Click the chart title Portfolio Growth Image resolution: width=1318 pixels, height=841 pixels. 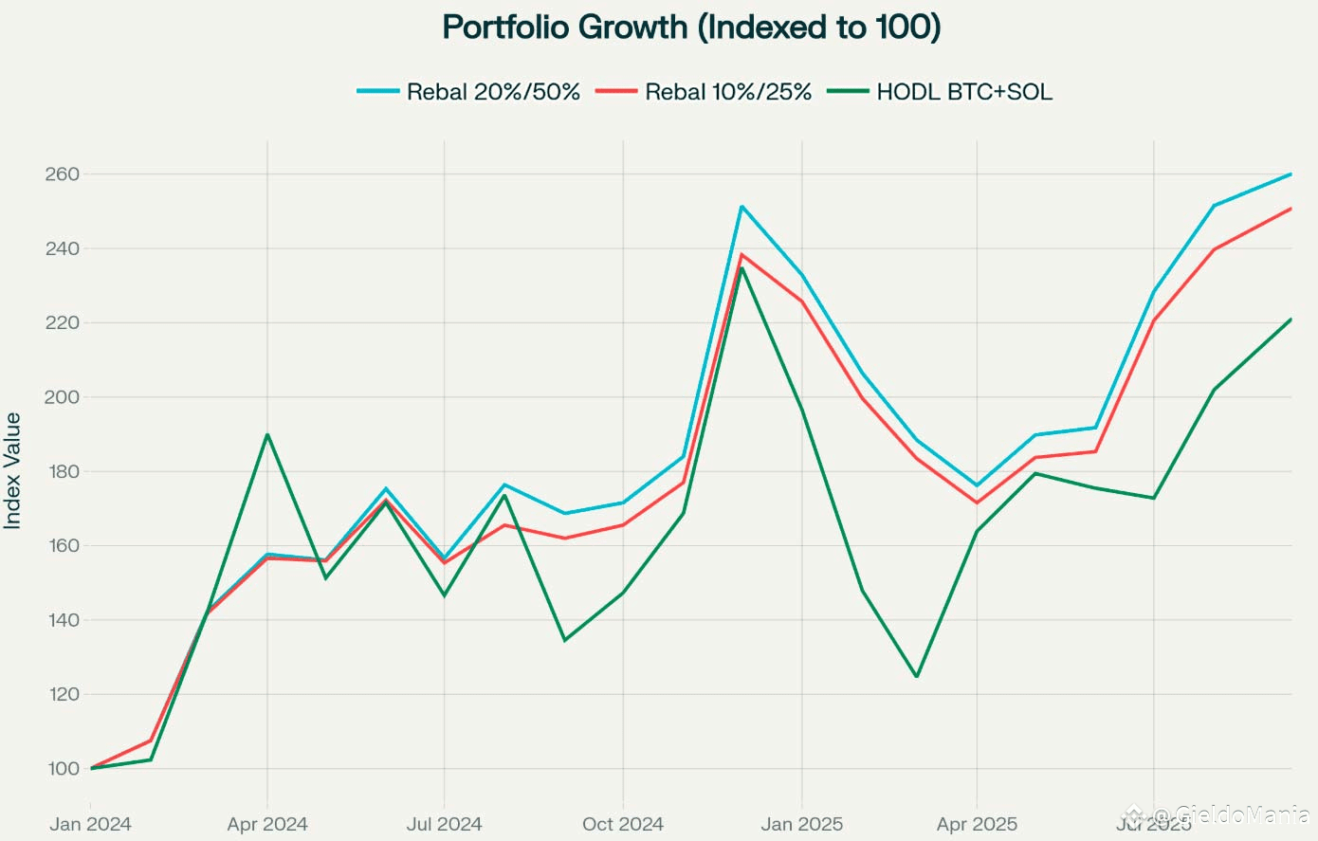[x=691, y=27]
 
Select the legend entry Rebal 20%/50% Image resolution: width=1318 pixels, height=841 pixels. [x=493, y=92]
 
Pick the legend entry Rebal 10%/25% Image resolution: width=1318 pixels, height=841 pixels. [x=728, y=92]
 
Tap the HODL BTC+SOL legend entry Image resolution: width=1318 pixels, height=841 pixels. [x=964, y=92]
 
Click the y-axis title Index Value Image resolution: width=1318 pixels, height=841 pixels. [x=13, y=470]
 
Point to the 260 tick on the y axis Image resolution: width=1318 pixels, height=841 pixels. [x=62, y=174]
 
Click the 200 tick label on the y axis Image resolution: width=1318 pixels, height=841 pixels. [x=62, y=397]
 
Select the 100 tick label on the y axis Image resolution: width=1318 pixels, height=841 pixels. [x=62, y=769]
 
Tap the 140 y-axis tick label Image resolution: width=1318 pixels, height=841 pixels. [x=62, y=620]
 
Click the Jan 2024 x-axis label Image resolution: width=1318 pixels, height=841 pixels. [x=90, y=824]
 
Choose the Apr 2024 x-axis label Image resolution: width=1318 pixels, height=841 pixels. [x=267, y=824]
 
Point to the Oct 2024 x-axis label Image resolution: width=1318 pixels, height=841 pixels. [x=623, y=824]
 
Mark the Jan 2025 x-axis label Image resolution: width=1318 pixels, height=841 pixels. [x=802, y=824]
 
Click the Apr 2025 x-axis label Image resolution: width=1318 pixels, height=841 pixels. [x=977, y=824]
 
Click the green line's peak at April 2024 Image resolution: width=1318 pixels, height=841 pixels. [x=267, y=434]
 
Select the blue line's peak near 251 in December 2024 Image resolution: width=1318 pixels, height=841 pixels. [x=741, y=206]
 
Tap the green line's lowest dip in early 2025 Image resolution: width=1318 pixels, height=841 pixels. [x=916, y=676]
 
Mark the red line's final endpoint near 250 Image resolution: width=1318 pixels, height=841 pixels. [x=1291, y=209]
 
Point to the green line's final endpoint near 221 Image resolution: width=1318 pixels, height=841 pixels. [x=1291, y=320]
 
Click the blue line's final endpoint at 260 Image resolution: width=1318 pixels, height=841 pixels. [x=1291, y=174]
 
